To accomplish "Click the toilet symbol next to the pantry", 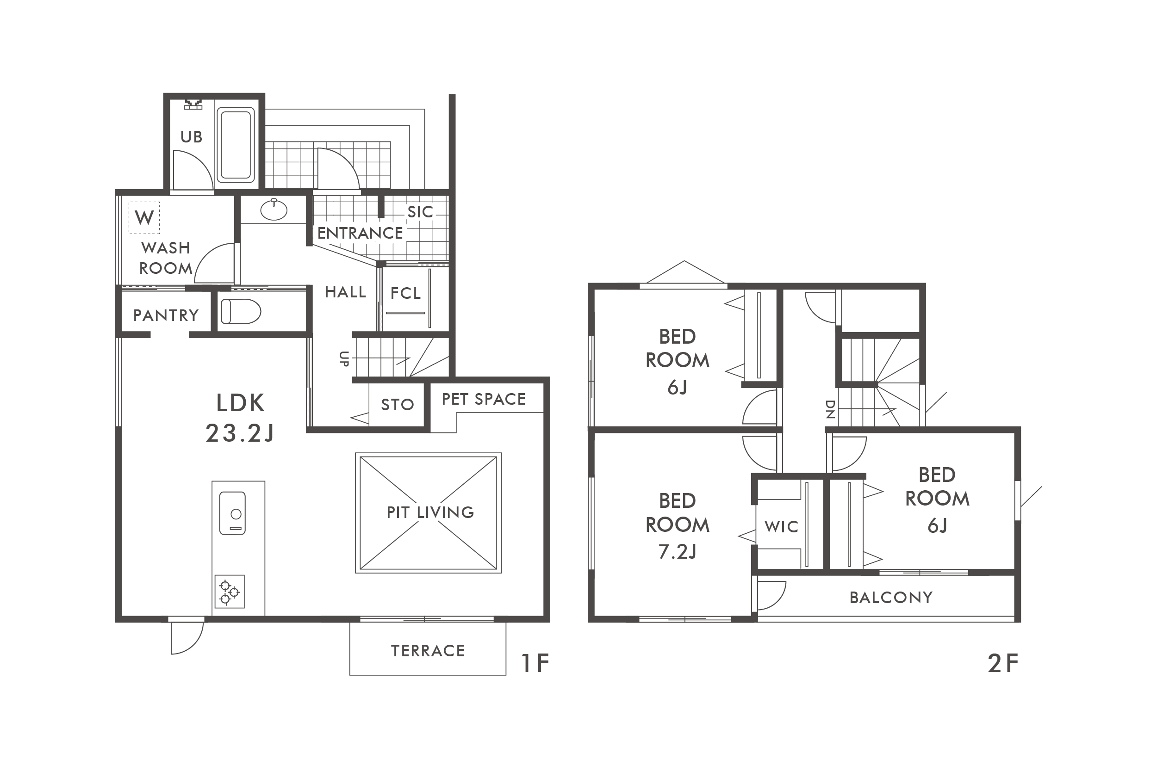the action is pos(241,311).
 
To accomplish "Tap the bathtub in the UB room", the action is pos(236,145).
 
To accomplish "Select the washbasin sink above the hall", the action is pos(274,210).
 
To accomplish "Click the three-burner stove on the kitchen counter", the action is pos(230,592).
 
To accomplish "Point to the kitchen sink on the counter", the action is pos(232,513).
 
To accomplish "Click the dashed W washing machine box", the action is pos(144,217).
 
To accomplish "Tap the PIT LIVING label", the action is pos(430,512).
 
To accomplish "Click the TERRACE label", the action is pos(428,651).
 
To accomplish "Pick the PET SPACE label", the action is pos(484,399).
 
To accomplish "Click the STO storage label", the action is pos(398,405).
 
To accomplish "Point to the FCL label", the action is pos(406,294).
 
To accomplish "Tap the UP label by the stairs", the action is pos(344,359).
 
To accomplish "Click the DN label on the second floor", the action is pos(830,409).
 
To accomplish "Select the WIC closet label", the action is pos(782,527).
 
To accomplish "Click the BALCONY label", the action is pos(891,598).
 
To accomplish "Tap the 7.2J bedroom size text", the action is pos(678,552).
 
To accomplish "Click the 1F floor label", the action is pos(535,663).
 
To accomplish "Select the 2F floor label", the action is pos(1003,663).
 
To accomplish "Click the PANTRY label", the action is pos(166,315).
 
